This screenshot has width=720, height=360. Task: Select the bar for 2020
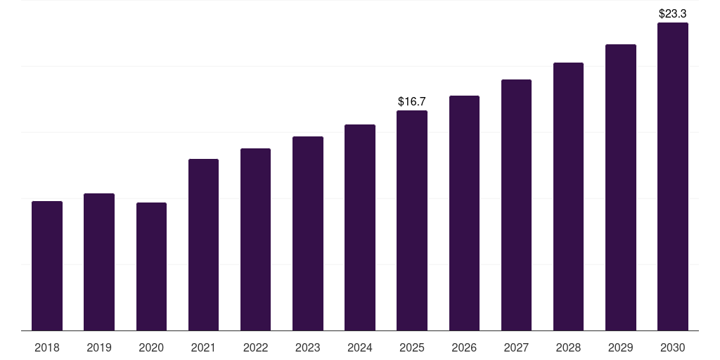(151, 266)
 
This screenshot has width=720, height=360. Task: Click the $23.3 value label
(672, 13)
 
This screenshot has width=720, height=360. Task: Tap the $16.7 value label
(412, 102)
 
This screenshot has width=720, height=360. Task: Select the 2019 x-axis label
(99, 347)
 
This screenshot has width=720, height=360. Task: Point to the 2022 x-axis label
(255, 347)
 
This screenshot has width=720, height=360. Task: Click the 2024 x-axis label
(360, 347)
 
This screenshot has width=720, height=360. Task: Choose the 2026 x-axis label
(464, 347)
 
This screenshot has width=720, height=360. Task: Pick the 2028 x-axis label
(568, 347)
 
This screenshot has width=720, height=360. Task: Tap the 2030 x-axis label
(673, 347)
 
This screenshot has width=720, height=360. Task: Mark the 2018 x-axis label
(47, 347)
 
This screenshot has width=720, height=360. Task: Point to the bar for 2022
(255, 239)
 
